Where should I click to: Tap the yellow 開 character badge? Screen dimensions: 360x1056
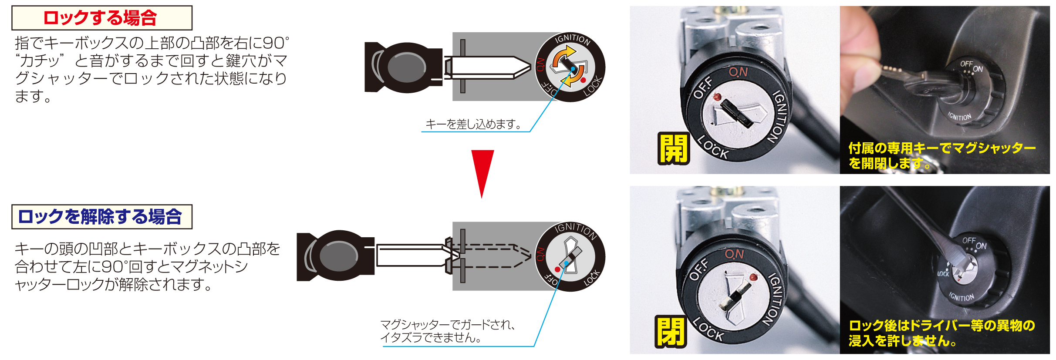click(x=673, y=148)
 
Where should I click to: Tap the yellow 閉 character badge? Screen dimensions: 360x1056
click(x=671, y=332)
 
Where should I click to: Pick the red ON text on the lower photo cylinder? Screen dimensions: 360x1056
click(x=734, y=254)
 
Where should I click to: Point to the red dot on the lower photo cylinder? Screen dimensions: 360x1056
click(x=753, y=277)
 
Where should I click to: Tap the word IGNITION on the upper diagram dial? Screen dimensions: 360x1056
click(x=573, y=39)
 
